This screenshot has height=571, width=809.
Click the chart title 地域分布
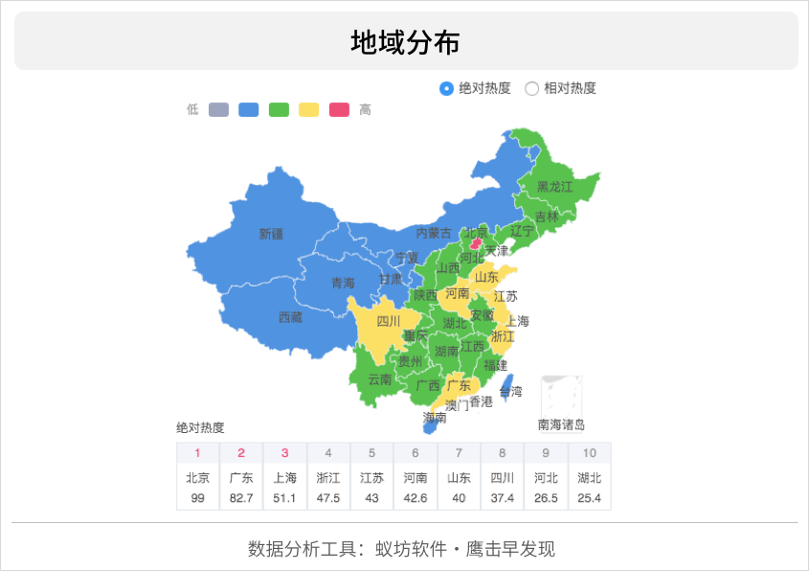pos(405,42)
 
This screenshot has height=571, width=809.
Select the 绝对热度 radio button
pos(446,88)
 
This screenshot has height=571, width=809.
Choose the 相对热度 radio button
pos(532,88)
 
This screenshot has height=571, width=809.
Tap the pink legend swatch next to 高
pos(339,109)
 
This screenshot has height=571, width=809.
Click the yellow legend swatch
pos(309,109)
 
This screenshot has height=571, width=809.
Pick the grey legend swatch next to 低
pos(218,109)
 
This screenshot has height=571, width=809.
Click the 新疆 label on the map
pos(271,234)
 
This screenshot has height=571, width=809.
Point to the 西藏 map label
pos(290,317)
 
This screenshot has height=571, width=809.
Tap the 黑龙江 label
pos(553,187)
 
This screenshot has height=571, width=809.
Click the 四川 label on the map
pos(388,322)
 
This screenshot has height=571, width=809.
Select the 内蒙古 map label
pos(434,233)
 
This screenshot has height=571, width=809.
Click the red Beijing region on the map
pos(474,244)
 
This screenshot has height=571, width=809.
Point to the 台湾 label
pos(511,391)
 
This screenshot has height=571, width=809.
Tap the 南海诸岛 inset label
pos(561,424)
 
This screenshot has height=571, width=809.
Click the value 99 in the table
pos(198,498)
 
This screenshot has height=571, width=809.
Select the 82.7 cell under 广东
pos(241,498)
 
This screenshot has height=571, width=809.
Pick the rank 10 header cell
pos(589,453)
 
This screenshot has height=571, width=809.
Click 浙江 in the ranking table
pos(328,478)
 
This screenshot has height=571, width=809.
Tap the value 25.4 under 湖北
pos(589,498)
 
